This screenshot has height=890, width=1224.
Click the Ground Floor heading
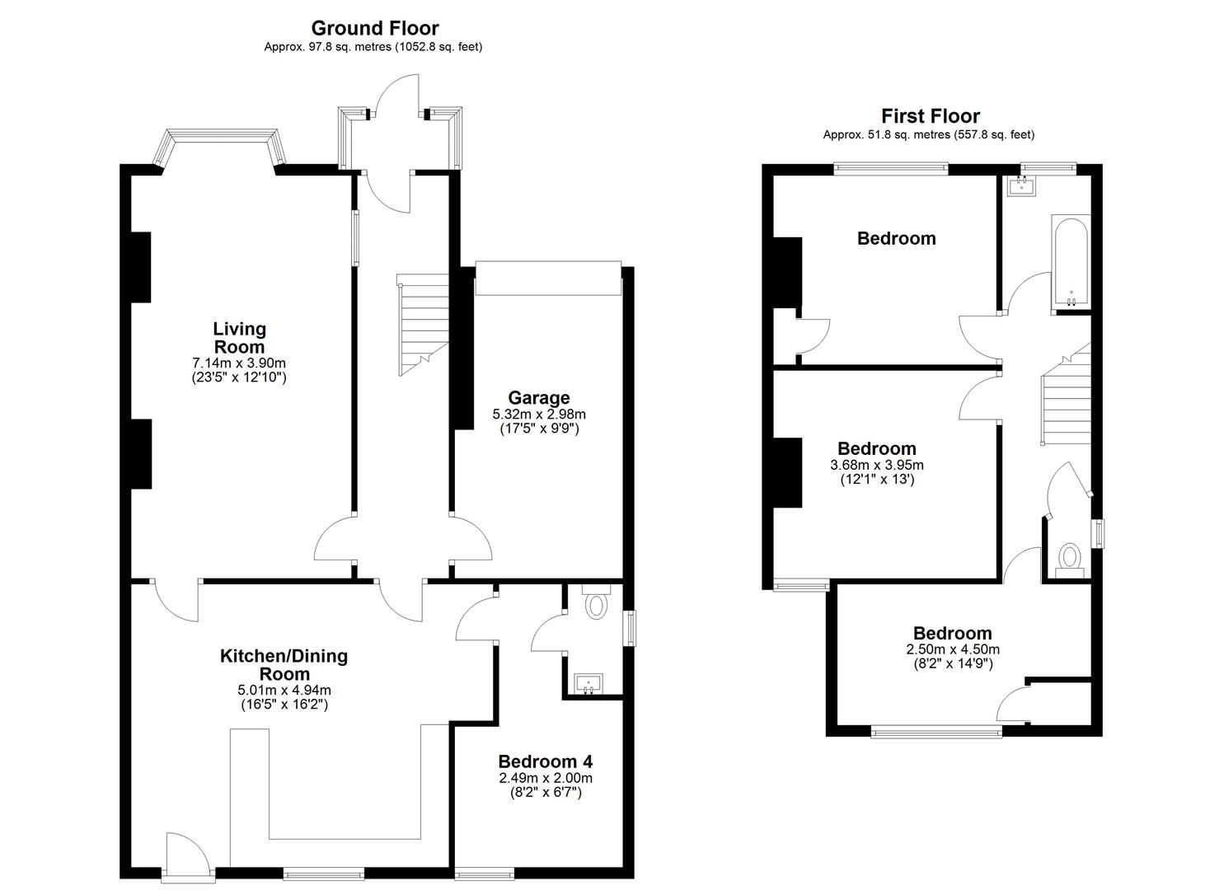pyautogui.click(x=375, y=28)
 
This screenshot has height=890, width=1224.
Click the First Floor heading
pyautogui.click(x=930, y=116)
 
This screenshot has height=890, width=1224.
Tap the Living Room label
pyautogui.click(x=239, y=338)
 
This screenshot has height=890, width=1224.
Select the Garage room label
pyautogui.click(x=539, y=397)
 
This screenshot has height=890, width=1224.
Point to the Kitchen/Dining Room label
pyautogui.click(x=284, y=664)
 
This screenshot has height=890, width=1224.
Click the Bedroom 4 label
pyautogui.click(x=546, y=761)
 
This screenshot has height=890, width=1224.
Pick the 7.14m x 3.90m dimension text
pyautogui.click(x=239, y=363)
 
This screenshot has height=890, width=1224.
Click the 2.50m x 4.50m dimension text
pyautogui.click(x=953, y=649)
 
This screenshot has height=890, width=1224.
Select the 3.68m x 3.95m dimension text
pyautogui.click(x=877, y=465)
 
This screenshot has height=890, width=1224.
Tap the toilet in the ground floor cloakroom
pyautogui.click(x=596, y=601)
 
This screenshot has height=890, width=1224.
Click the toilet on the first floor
pyautogui.click(x=1069, y=560)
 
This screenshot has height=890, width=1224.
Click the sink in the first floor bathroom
pyautogui.click(x=1020, y=186)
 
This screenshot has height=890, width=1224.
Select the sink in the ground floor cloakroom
pyautogui.click(x=589, y=683)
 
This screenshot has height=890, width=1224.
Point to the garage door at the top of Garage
pyautogui.click(x=548, y=278)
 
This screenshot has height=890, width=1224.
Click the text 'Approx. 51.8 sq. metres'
pyautogui.click(x=887, y=134)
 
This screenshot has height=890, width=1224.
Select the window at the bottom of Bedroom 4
pyautogui.click(x=485, y=873)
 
